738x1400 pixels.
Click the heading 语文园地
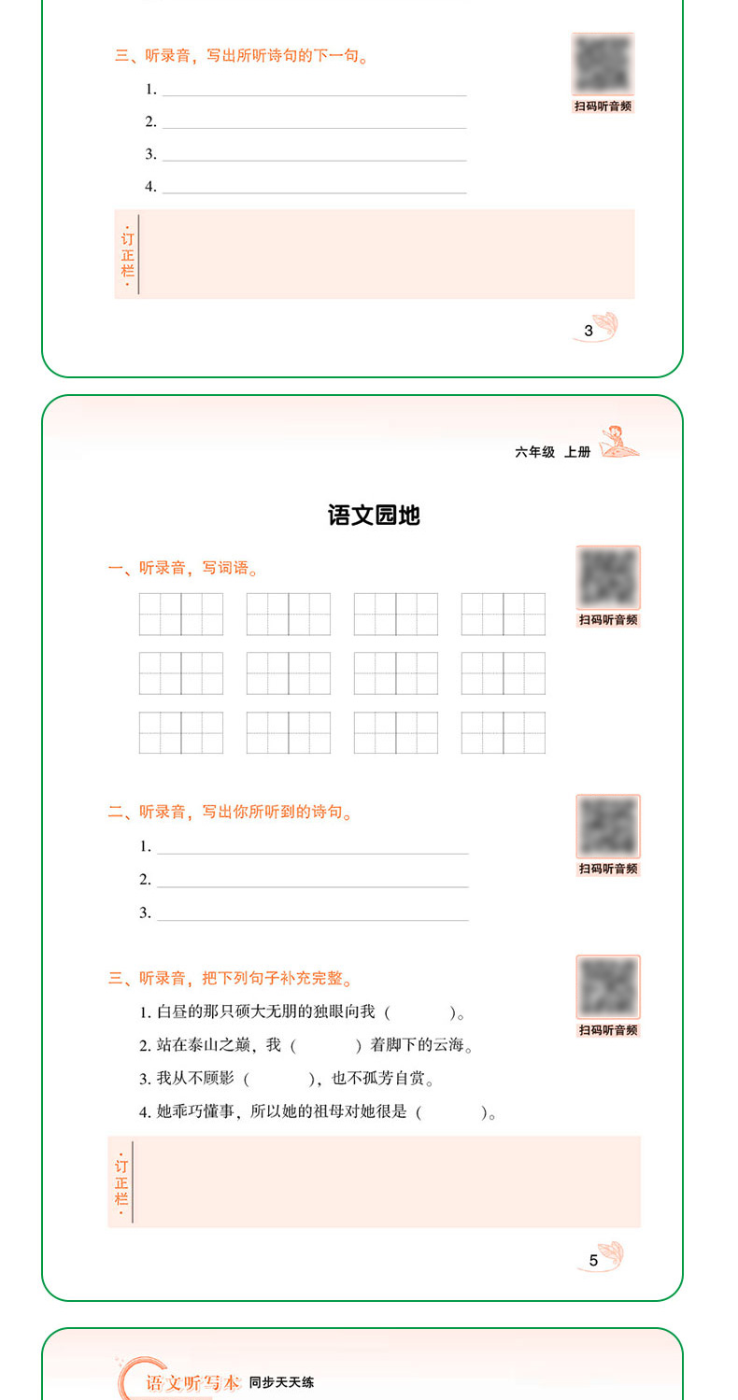(374, 515)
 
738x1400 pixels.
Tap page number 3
(589, 330)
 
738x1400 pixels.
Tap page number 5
(593, 1260)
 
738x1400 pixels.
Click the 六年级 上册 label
(553, 452)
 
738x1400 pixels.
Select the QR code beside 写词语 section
(608, 578)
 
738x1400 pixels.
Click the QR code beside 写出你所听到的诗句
(608, 827)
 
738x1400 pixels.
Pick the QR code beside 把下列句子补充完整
(608, 988)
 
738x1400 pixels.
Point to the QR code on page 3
(603, 64)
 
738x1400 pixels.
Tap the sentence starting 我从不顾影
(286, 1079)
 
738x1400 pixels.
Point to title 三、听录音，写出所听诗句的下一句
(241, 56)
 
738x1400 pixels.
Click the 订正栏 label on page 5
(121, 1181)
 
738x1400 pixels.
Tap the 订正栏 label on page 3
(127, 254)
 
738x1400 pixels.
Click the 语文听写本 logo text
(192, 1382)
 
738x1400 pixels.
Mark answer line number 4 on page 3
(314, 187)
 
